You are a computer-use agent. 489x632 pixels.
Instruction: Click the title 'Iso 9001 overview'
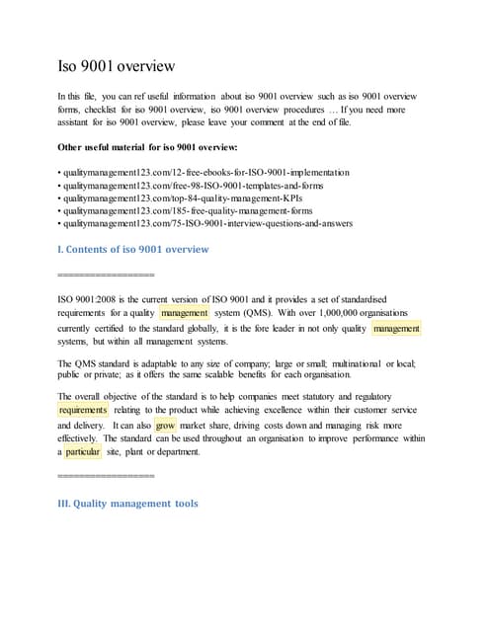118,67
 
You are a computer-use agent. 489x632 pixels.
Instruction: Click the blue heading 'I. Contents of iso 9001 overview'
133,249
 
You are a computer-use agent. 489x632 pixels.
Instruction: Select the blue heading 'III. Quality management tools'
128,503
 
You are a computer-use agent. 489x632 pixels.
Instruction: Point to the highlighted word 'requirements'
83,410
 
